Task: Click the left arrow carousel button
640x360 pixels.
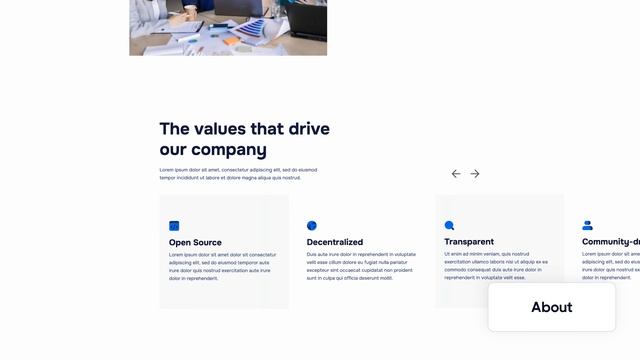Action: (x=456, y=174)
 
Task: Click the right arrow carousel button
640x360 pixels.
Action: (x=475, y=174)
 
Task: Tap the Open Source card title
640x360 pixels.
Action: (x=195, y=242)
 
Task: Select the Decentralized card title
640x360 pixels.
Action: (x=334, y=242)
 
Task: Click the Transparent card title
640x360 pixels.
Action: (x=469, y=242)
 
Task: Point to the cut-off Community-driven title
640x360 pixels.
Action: (x=610, y=242)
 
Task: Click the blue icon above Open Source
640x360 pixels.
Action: (x=174, y=226)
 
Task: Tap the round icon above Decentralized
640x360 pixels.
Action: (x=312, y=226)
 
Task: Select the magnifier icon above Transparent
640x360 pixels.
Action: (x=449, y=226)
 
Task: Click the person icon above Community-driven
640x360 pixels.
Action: (x=587, y=226)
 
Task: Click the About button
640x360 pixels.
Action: (x=551, y=307)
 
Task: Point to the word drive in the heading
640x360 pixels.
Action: (x=308, y=129)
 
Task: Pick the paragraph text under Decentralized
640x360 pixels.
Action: (x=360, y=266)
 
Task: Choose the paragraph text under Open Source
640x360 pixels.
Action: (x=222, y=266)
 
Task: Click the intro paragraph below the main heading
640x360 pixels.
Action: (x=237, y=174)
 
